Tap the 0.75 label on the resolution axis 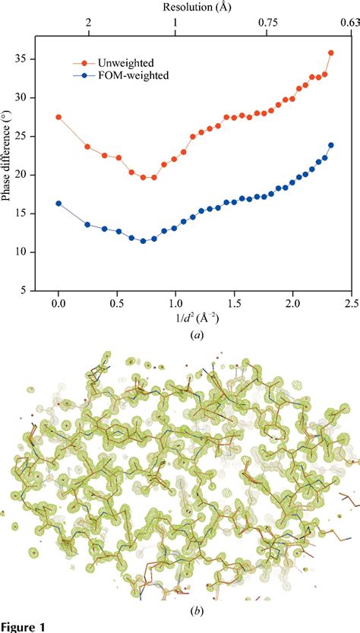(267, 23)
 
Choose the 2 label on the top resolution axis (89, 23)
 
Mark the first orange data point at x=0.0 (58, 117)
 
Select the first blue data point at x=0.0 (58, 203)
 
